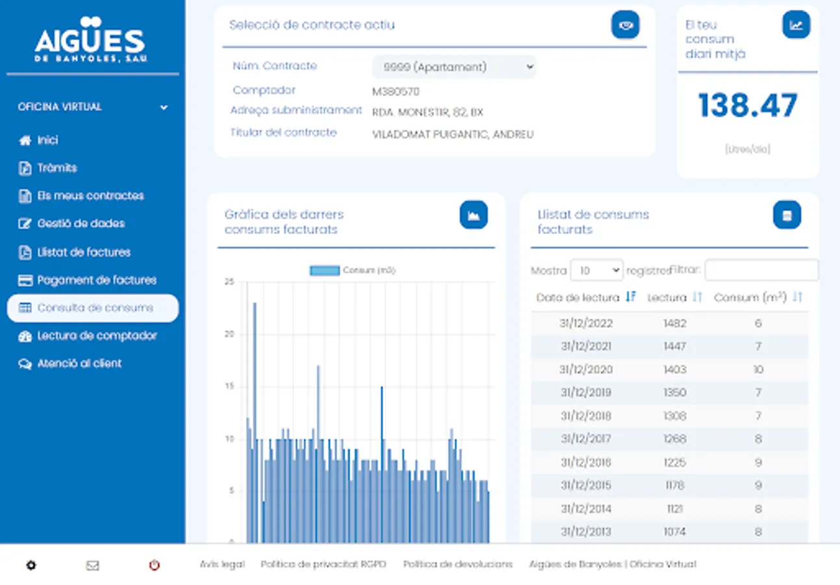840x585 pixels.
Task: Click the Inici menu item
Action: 47,140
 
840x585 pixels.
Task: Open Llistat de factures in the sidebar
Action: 84,252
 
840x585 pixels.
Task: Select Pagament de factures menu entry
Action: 97,280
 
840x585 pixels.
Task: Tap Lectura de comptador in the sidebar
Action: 97,336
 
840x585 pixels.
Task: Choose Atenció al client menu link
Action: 79,364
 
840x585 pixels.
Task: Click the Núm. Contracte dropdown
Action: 454,67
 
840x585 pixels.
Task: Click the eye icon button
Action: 625,25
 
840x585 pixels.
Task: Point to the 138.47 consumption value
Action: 748,106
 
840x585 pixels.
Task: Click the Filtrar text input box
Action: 761,270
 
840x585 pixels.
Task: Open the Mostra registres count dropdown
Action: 596,270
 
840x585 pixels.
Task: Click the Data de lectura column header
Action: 578,298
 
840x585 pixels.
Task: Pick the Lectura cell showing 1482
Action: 675,323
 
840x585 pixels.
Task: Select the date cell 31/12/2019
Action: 586,393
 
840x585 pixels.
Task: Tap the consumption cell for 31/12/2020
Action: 758,370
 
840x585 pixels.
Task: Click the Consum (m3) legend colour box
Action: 325,270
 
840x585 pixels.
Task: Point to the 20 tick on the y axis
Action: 229,335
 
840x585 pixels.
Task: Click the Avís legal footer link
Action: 222,564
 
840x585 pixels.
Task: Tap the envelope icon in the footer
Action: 93,565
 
